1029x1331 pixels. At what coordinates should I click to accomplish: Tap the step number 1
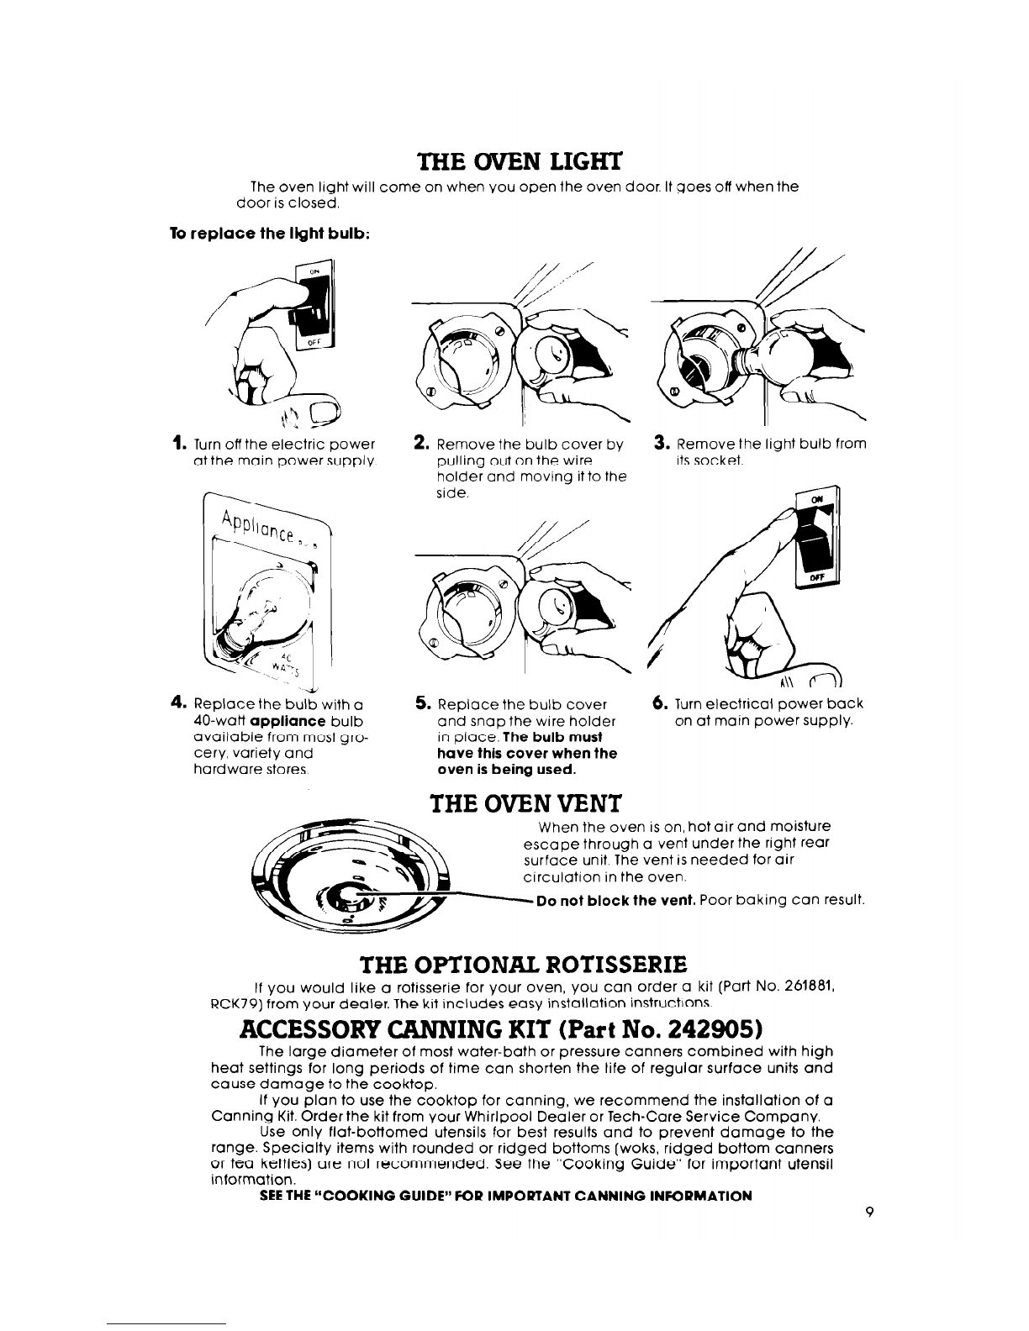(176, 443)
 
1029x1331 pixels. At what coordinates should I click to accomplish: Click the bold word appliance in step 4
(282, 720)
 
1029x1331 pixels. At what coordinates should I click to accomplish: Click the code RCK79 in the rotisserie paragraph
(232, 1002)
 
